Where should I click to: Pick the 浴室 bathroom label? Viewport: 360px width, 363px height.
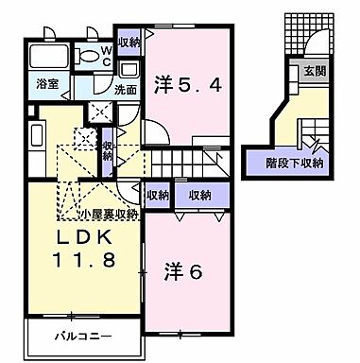pos(46,83)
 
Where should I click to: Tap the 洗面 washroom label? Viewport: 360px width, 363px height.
pos(125,91)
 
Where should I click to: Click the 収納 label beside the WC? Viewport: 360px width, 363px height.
pos(129,41)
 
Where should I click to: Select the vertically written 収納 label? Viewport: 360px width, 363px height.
pos(109,151)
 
